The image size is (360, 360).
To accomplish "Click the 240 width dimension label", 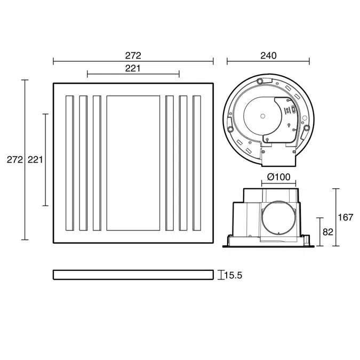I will (268, 55).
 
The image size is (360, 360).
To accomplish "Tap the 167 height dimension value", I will (346, 218).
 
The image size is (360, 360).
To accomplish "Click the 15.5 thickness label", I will (233, 275).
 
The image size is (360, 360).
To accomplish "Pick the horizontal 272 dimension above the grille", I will (133, 55).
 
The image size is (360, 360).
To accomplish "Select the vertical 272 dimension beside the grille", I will (13, 159).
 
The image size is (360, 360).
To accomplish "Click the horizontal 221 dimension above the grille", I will (133, 68).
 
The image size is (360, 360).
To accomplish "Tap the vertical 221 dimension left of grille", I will (35, 159).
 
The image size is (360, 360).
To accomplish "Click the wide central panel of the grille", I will (133, 163).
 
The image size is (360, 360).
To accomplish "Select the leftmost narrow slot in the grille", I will (69, 163).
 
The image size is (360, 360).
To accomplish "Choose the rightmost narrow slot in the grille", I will (197, 163).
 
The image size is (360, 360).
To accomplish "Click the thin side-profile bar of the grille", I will (133, 275).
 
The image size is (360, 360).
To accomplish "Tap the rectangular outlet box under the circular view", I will (277, 158).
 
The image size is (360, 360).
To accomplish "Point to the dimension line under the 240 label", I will (268, 62).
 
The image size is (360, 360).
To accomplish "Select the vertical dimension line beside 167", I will (335, 218).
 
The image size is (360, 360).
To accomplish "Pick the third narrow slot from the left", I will (97, 163).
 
